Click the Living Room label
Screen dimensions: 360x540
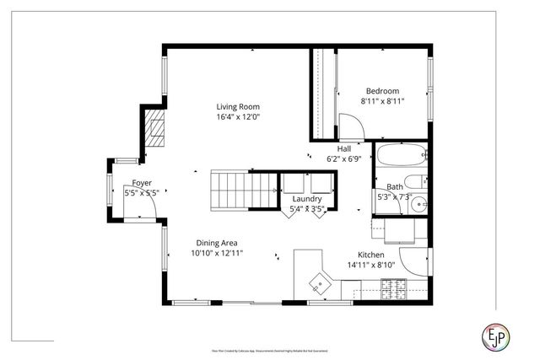coord(237,107)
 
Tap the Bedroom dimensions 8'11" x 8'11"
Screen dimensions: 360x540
coord(382,101)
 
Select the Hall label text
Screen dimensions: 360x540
coord(344,148)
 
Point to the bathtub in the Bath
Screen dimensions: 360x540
coord(401,156)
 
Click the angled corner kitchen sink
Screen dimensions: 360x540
coord(321,279)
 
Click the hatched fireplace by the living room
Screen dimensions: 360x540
coord(153,130)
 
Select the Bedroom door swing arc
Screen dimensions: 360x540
coord(353,126)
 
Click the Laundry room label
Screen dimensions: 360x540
coord(307,199)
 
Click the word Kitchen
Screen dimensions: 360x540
coord(370,255)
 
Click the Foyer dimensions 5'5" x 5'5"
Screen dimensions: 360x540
coord(142,193)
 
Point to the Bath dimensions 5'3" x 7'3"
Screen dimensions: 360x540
coord(394,197)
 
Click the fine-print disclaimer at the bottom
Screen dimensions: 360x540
coord(269,348)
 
